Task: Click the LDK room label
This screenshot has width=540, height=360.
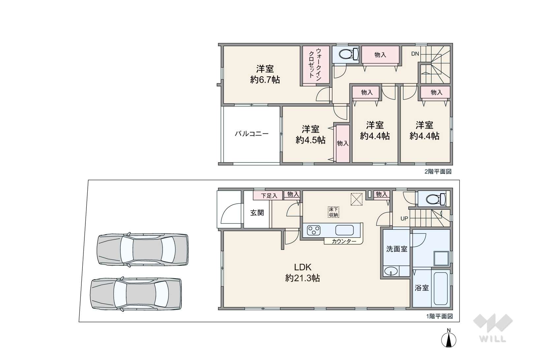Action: point(303,267)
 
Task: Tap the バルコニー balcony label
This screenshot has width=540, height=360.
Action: point(252,134)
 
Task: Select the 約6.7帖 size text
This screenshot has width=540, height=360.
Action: point(265,79)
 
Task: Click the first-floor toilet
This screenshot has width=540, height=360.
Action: point(436,199)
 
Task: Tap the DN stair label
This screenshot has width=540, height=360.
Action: point(415,54)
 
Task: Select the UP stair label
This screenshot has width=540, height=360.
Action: point(404,219)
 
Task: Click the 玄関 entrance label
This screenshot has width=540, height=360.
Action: point(257,213)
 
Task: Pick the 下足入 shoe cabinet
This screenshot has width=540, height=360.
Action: point(268,195)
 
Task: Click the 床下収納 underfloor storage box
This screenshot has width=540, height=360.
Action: point(334,212)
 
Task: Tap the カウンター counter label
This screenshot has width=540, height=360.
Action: point(344,241)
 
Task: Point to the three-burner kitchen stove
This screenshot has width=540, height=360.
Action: point(314,230)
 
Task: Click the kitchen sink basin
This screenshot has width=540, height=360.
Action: point(345,230)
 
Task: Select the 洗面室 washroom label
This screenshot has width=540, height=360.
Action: point(397,249)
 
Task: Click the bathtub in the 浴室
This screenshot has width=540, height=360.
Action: point(441,288)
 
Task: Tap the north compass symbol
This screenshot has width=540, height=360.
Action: point(449,339)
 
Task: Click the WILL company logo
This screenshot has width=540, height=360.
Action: point(493,328)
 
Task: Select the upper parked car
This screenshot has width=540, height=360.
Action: point(142,250)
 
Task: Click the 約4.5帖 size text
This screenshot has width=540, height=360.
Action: point(311,140)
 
